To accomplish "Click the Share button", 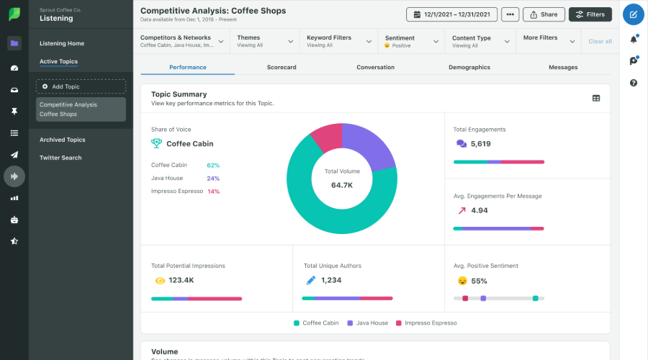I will tap(543, 14).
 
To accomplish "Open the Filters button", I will tap(590, 14).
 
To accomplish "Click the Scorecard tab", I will tap(282, 67).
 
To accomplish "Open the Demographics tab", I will tap(469, 67).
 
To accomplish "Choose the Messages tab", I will tap(563, 67).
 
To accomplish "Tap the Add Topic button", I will tap(81, 86).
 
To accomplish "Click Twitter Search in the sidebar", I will tap(60, 158).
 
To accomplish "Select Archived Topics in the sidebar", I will tap(62, 140).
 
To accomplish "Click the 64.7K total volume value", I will tap(341, 185).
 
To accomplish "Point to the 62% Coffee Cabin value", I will tap(213, 165).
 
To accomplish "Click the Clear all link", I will tap(600, 42).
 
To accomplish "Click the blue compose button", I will tap(633, 14).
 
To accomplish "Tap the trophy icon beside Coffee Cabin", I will tap(156, 143).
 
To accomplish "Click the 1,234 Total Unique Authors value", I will tap(331, 280).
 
